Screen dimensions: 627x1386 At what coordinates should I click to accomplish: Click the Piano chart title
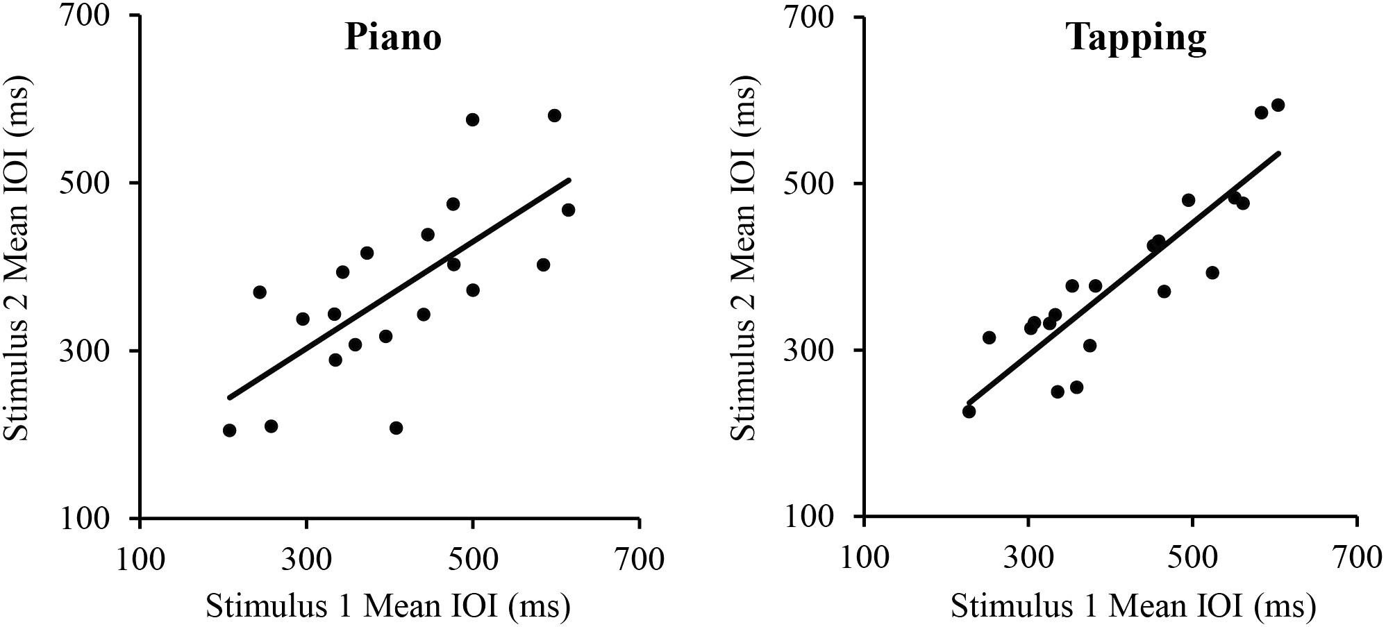pyautogui.click(x=393, y=37)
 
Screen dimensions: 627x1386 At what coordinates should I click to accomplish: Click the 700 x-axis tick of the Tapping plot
pyautogui.click(x=1357, y=558)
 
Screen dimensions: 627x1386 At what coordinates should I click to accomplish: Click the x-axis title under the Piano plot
pyautogui.click(x=388, y=606)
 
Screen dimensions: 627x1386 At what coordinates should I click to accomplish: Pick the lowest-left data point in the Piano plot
pyautogui.click(x=229, y=430)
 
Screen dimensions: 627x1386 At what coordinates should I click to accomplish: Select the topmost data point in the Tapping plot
pyautogui.click(x=1278, y=105)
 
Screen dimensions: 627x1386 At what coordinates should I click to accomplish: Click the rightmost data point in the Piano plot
pyautogui.click(x=568, y=210)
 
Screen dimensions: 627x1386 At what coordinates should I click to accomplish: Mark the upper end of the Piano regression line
pyautogui.click(x=569, y=180)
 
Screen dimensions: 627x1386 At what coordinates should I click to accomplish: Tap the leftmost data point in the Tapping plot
pyautogui.click(x=969, y=412)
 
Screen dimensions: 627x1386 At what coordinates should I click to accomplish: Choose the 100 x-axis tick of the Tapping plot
pyautogui.click(x=865, y=558)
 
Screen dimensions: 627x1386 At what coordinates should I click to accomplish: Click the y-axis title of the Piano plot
pyautogui.click(x=17, y=262)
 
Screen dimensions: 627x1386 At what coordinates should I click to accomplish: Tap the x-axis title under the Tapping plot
pyautogui.click(x=1133, y=606)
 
